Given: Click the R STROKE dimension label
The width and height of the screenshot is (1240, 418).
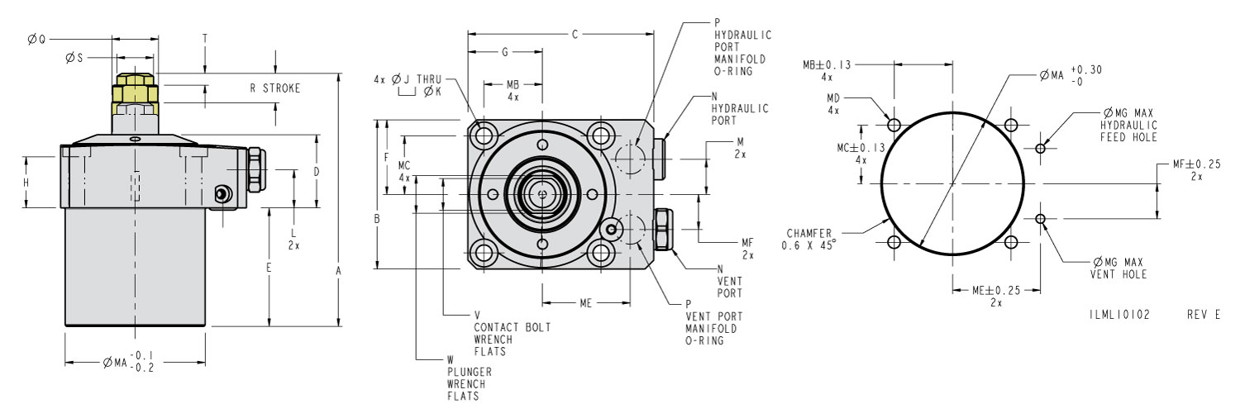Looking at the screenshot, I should point(274,88).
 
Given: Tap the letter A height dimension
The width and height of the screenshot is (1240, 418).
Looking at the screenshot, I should point(338,270).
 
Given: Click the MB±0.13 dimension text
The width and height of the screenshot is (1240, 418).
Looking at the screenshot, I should point(827,64).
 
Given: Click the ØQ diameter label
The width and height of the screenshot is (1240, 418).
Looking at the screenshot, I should point(36,38).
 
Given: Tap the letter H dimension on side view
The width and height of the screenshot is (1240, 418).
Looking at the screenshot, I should point(26,183).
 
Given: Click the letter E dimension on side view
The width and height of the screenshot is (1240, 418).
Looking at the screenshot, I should point(269,268).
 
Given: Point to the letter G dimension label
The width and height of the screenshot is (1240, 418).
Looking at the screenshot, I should point(505,52).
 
